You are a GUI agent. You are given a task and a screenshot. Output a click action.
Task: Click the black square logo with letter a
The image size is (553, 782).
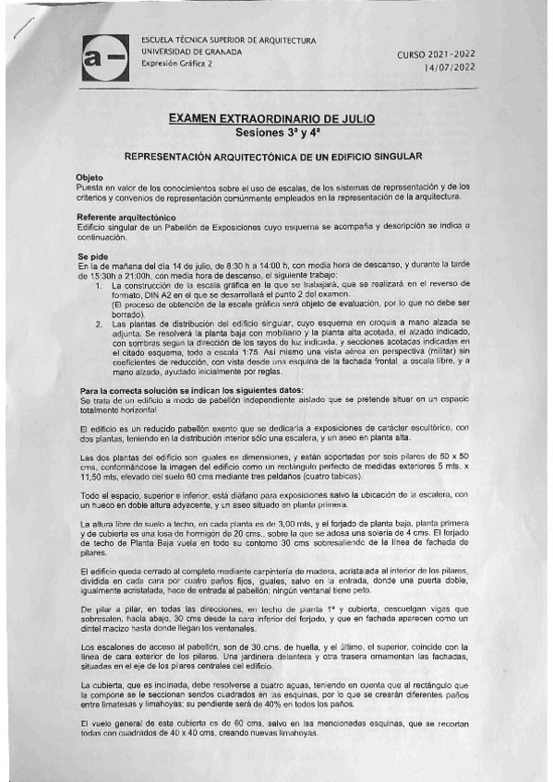tap(104, 59)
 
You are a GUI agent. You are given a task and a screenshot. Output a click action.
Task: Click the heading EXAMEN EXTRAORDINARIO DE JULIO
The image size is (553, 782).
tap(277, 119)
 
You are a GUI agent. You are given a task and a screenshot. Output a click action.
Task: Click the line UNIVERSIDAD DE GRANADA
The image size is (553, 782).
tap(191, 53)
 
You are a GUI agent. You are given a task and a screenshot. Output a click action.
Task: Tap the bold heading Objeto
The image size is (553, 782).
tap(90, 177)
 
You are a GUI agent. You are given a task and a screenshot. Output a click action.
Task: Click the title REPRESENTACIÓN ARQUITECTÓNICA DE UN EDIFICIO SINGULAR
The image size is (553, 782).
tap(273, 157)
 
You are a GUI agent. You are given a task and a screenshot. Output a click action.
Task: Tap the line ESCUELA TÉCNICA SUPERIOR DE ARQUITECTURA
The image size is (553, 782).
tap(227, 41)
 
